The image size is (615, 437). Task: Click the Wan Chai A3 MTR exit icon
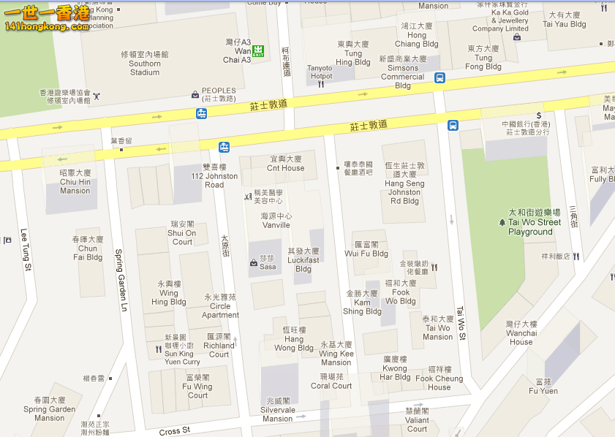258,50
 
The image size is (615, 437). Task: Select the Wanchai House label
521,332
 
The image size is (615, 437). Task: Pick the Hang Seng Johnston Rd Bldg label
404,183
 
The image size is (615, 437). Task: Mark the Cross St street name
175,431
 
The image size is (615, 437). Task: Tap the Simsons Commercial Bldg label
402,72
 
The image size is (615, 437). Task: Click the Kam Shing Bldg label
363,303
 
